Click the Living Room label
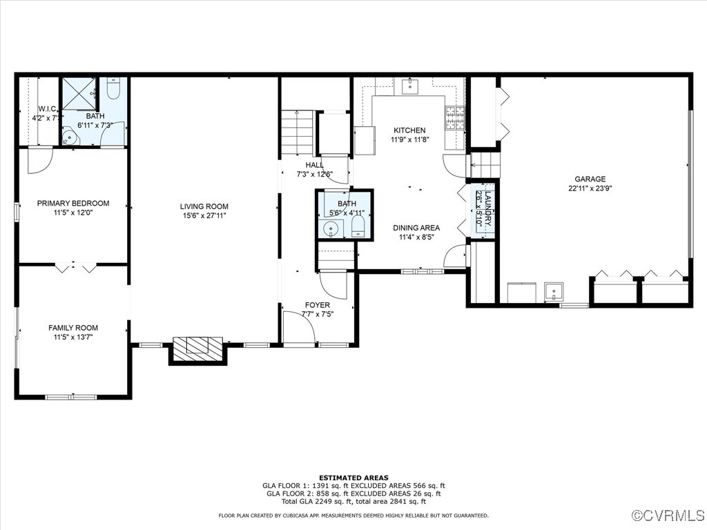(204, 206)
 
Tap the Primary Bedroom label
(73, 203)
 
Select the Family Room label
(73, 328)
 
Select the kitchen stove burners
(455, 118)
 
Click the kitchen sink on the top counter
(410, 86)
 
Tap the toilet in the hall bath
(358, 227)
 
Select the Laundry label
(485, 210)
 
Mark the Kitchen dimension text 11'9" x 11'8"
(409, 139)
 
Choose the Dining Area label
(416, 228)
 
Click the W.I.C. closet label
(47, 109)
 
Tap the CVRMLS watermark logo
(668, 516)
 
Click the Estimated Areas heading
(353, 478)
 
